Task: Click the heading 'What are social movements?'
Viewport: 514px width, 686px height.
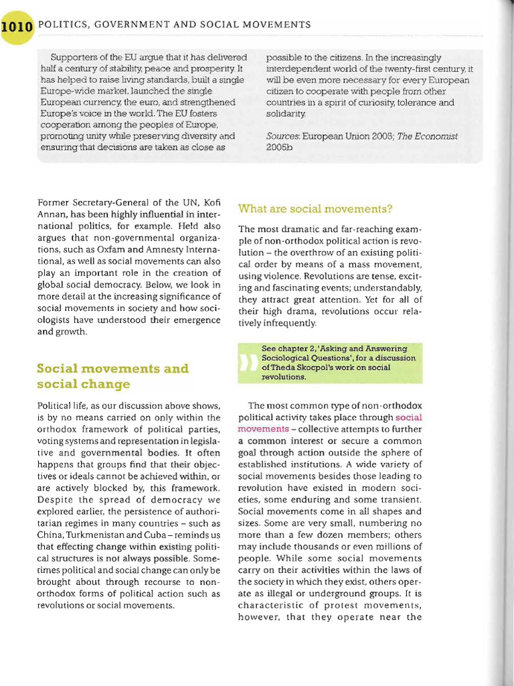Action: [315, 208]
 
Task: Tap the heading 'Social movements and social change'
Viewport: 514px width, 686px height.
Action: [112, 376]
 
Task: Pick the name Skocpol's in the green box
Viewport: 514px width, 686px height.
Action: [317, 367]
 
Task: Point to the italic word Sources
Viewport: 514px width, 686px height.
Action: [282, 136]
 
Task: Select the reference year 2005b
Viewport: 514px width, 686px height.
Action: [280, 147]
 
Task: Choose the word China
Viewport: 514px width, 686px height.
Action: [50, 535]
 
